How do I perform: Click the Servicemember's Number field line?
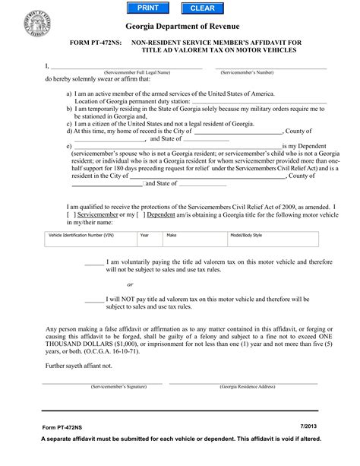(x=272, y=68)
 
